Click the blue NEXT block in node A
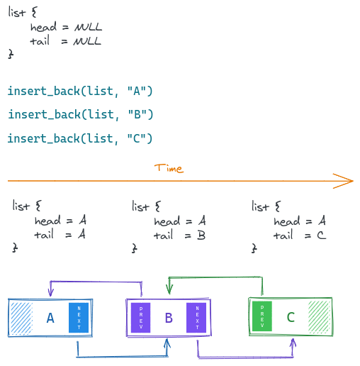[x=79, y=317]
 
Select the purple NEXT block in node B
[x=196, y=317]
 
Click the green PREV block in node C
[x=262, y=317]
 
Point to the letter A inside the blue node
[x=50, y=318]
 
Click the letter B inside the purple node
[x=169, y=318]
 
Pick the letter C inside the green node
[x=290, y=317]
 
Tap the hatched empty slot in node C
[x=319, y=317]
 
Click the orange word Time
[x=169, y=168]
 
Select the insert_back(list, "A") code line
[x=80, y=91]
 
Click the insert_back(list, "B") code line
[x=80, y=114]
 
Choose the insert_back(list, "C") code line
[x=80, y=138]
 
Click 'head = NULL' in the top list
[x=67, y=27]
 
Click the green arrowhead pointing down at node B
[x=169, y=290]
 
